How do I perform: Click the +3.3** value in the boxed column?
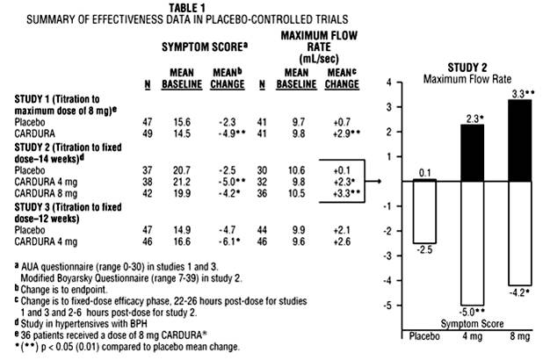[x=337, y=191]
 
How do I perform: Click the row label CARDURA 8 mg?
[x=52, y=191]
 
